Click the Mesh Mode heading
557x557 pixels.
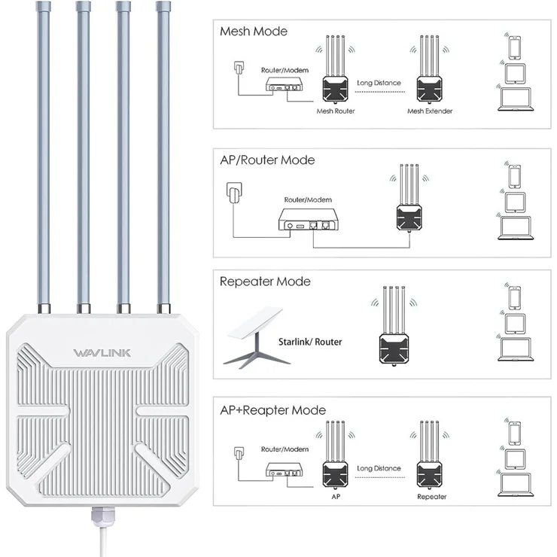[x=253, y=32]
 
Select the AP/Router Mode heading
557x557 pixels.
[x=267, y=160]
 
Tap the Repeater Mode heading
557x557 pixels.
[x=264, y=282]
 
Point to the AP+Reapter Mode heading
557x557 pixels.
[x=272, y=410]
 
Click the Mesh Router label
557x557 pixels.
[x=336, y=111]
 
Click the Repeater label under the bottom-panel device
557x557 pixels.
[x=431, y=497]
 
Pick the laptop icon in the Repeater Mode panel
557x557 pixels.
[x=515, y=349]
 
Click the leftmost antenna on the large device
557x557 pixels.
[x=45, y=151]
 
